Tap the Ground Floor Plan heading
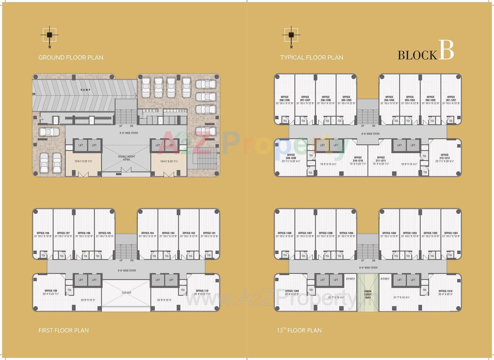click(x=71, y=58)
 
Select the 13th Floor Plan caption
click(x=299, y=330)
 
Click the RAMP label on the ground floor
click(x=85, y=90)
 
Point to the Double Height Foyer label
click(x=126, y=158)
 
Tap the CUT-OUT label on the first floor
click(x=126, y=292)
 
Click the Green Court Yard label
click(x=368, y=294)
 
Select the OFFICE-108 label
click(x=42, y=233)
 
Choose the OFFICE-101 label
click(x=209, y=233)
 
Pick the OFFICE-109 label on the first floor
click(x=51, y=290)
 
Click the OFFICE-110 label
click(x=202, y=290)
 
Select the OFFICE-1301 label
click(x=451, y=233)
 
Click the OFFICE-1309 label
click(x=292, y=290)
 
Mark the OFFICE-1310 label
click(x=446, y=290)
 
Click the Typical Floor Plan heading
click(x=311, y=58)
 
